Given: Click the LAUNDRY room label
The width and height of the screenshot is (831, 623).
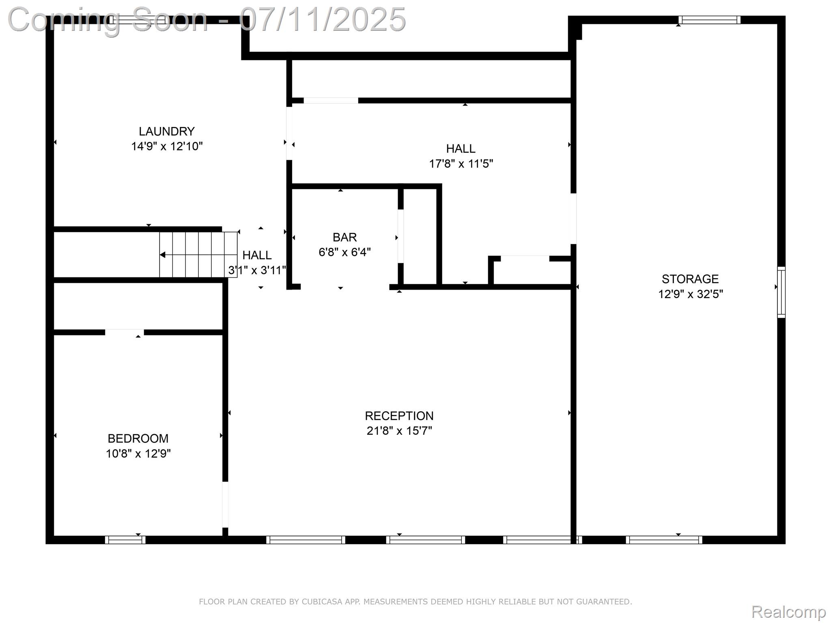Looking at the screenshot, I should pyautogui.click(x=166, y=131).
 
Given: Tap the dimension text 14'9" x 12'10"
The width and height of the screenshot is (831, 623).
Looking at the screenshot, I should pyautogui.click(x=166, y=146).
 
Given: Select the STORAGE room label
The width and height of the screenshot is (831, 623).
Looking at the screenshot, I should pyautogui.click(x=690, y=279).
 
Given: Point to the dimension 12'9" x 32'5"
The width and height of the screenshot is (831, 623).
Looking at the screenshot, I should pyautogui.click(x=690, y=294).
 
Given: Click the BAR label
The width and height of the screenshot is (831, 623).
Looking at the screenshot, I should pyautogui.click(x=344, y=237).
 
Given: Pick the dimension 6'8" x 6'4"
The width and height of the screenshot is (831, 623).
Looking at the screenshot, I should pyautogui.click(x=344, y=252).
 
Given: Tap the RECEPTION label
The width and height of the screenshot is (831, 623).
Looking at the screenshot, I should pyautogui.click(x=399, y=416).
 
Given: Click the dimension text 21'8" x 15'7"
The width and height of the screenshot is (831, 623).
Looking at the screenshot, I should pyautogui.click(x=399, y=431).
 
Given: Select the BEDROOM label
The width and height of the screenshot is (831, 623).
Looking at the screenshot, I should pyautogui.click(x=138, y=438).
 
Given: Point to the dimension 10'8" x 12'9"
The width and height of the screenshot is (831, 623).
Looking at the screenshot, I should pyautogui.click(x=138, y=453).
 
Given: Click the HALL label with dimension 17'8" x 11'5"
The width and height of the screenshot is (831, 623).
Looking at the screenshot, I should pyautogui.click(x=461, y=149).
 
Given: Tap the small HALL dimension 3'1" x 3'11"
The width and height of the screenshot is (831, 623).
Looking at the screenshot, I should pyautogui.click(x=257, y=270).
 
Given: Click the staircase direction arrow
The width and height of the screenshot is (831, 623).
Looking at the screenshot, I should pyautogui.click(x=163, y=255).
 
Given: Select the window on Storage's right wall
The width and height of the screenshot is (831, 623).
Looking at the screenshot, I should pyautogui.click(x=781, y=292).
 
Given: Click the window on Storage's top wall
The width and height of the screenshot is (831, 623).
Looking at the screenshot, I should pyautogui.click(x=709, y=20).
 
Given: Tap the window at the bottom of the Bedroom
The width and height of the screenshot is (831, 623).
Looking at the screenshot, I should pyautogui.click(x=125, y=540).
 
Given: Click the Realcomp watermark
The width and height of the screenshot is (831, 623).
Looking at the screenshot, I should pyautogui.click(x=788, y=612).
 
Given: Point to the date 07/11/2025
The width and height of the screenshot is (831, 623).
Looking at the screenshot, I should pyautogui.click(x=322, y=19).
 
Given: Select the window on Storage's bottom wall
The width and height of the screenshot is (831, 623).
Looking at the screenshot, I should pyautogui.click(x=664, y=540).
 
